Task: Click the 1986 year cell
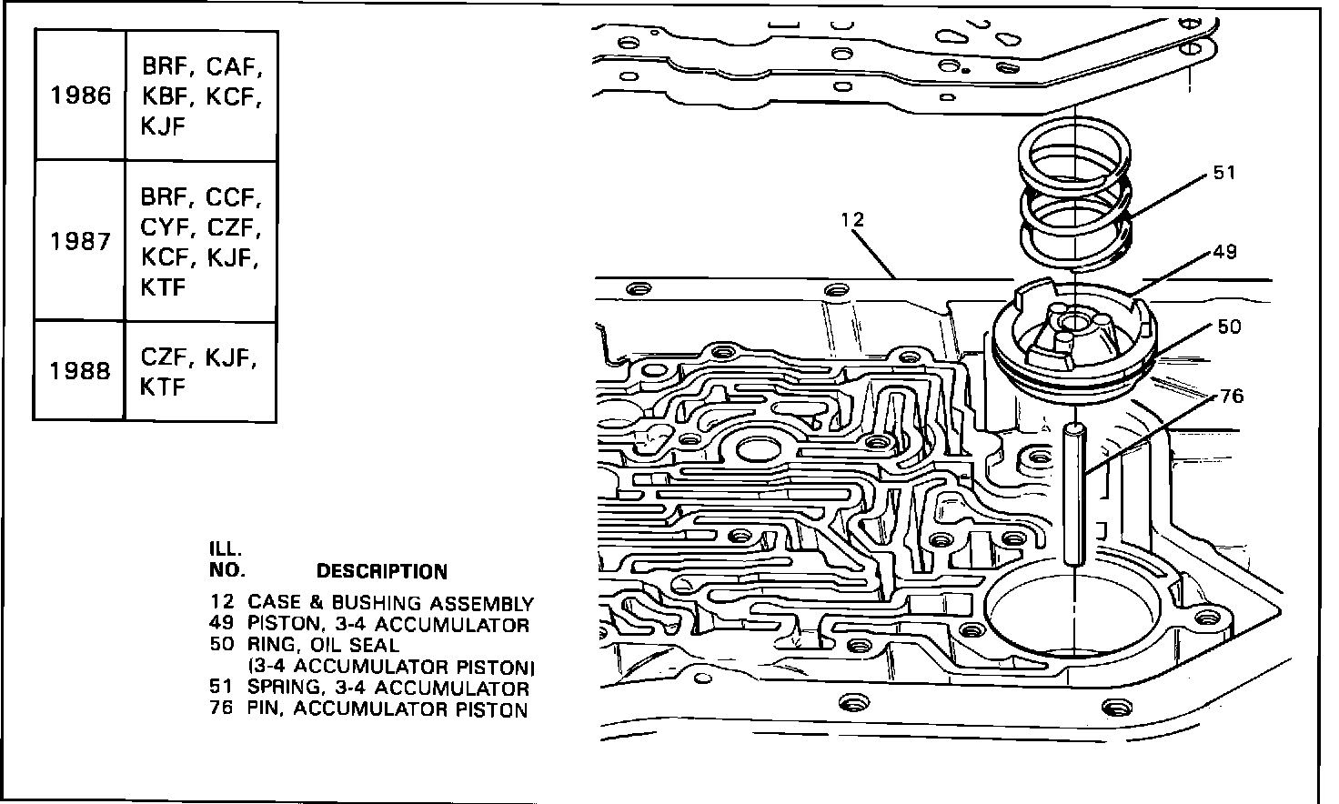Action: click(80, 95)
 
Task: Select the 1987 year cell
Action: click(80, 242)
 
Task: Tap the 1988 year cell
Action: click(80, 371)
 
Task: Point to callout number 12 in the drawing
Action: click(852, 220)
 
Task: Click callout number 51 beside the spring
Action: click(1224, 173)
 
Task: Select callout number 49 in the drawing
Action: click(1224, 252)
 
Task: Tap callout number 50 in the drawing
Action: click(1228, 326)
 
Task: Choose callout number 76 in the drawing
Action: click(1232, 397)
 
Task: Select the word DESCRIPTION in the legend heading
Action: click(381, 572)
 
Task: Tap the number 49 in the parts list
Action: click(221, 625)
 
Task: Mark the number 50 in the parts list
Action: click(221, 646)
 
